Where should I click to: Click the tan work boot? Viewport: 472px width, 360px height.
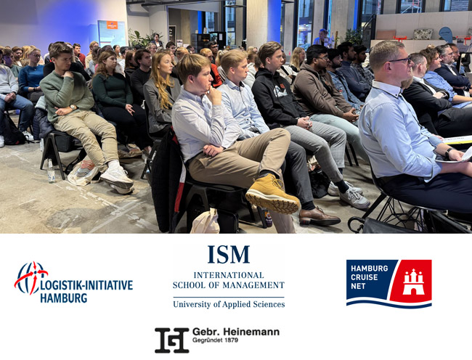coord(272,194)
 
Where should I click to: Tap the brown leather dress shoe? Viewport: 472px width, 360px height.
coord(319,217)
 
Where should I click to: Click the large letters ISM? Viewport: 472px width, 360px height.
coord(229,255)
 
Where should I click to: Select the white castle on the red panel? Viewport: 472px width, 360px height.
coord(413,282)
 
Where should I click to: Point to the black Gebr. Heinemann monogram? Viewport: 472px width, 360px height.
coord(172,340)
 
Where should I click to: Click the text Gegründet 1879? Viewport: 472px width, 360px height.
coord(215,340)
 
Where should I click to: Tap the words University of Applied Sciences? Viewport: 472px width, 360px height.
coord(229,304)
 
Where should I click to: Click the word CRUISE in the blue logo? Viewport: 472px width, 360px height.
coord(365,277)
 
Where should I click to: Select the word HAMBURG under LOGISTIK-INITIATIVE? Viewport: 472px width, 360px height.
coord(63,298)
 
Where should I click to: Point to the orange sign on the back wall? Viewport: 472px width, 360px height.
coord(112,25)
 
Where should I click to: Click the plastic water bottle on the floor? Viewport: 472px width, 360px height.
coord(51,171)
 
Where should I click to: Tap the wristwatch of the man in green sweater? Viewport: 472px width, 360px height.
coord(72,107)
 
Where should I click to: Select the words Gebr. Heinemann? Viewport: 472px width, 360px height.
coord(236,332)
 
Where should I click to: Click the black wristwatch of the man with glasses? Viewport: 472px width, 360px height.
coord(448,152)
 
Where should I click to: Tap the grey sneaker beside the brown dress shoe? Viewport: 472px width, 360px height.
coord(354,198)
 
